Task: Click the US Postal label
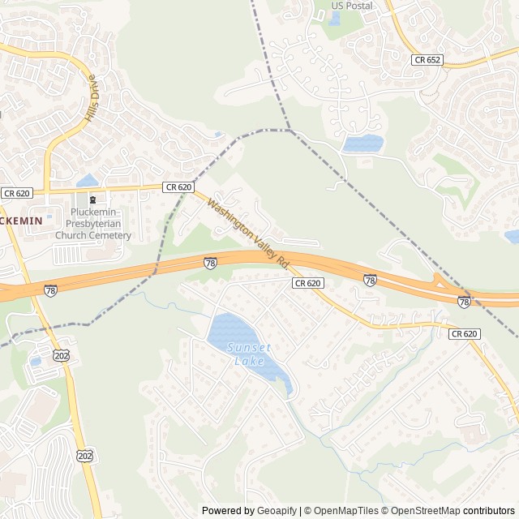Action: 352,6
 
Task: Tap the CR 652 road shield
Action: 427,60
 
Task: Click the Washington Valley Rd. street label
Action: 248,234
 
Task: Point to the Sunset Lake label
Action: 249,354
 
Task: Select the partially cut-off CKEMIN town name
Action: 21,219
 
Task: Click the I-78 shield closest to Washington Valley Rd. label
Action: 210,263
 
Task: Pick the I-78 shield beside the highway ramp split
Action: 463,302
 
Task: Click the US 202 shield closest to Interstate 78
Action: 62,355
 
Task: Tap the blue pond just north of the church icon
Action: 87,181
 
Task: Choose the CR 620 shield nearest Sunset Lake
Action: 308,283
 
